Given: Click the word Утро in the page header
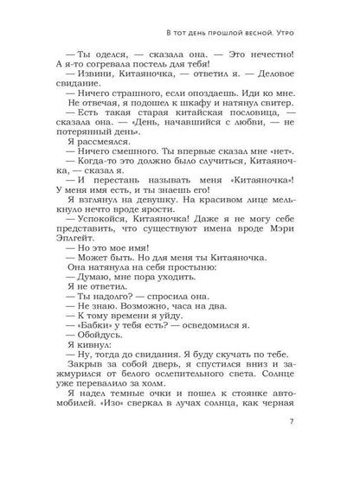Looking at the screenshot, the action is click(x=299, y=34).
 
